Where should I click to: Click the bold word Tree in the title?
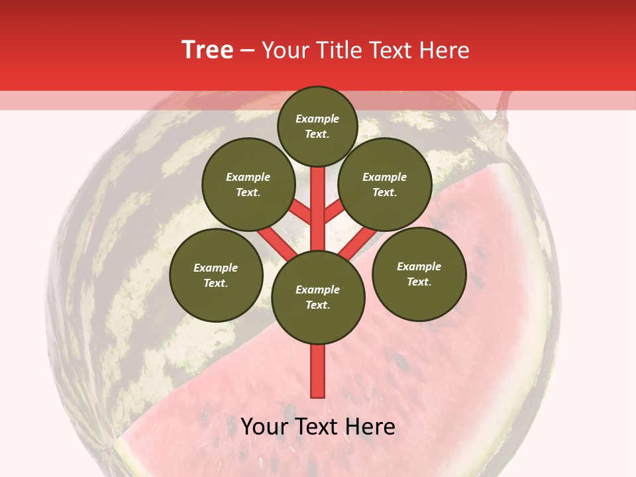[x=207, y=50]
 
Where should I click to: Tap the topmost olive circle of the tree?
[x=317, y=126]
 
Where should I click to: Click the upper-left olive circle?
[x=248, y=184]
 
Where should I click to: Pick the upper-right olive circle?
[x=385, y=184]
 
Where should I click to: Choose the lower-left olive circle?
[x=216, y=275]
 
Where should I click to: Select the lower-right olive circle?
[x=419, y=274]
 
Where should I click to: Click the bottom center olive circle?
[x=318, y=297]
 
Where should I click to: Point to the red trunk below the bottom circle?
[x=318, y=371]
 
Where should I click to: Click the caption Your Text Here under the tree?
[x=318, y=427]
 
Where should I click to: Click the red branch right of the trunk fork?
[x=335, y=211]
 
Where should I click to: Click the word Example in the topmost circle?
[x=317, y=119]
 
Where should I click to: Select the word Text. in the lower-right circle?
[x=419, y=282]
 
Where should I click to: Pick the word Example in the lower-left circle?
[x=216, y=268]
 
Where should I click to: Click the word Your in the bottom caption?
[x=264, y=427]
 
